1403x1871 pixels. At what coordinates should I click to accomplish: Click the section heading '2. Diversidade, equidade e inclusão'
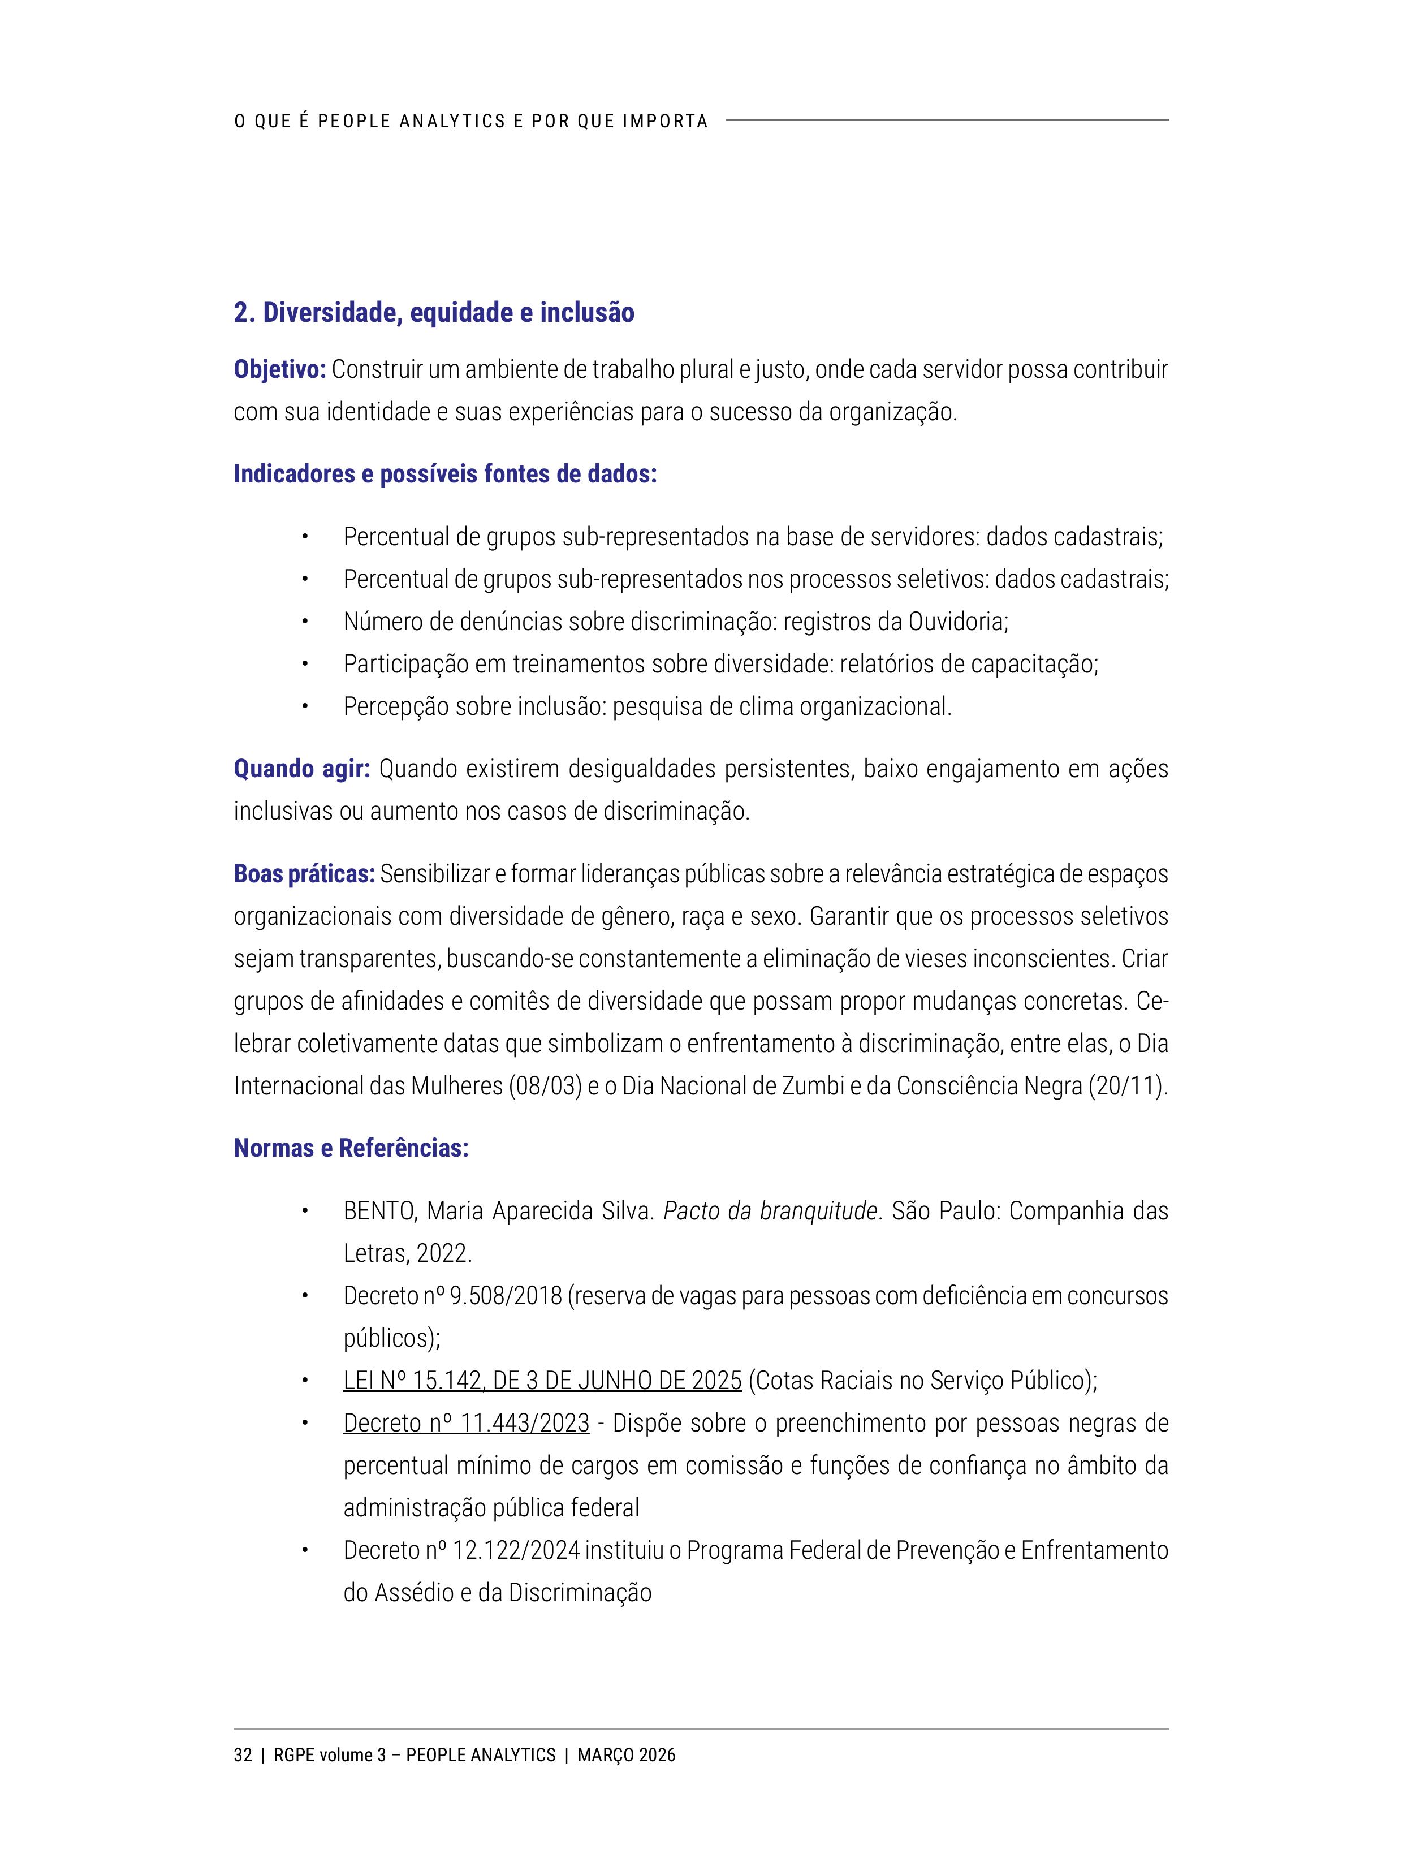[x=434, y=313]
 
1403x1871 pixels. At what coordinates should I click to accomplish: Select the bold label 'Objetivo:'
[x=279, y=370]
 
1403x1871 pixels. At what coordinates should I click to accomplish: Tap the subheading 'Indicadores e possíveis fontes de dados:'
[x=445, y=473]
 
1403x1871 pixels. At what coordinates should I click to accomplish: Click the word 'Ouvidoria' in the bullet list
[x=956, y=622]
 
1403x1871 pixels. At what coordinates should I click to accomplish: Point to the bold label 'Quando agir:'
[x=301, y=769]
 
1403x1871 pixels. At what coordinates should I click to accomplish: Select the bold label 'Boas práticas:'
[x=304, y=874]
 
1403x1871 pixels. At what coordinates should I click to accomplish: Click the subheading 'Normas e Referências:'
[x=351, y=1148]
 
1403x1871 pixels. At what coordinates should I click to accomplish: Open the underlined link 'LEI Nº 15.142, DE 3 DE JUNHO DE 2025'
[x=542, y=1381]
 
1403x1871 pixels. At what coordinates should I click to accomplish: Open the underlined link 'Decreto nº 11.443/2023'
[x=466, y=1422]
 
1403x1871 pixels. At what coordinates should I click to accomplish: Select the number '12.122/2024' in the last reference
[x=516, y=1550]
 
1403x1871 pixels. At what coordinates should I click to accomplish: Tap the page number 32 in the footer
[x=243, y=1755]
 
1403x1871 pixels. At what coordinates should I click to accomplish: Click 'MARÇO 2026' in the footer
[x=626, y=1755]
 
